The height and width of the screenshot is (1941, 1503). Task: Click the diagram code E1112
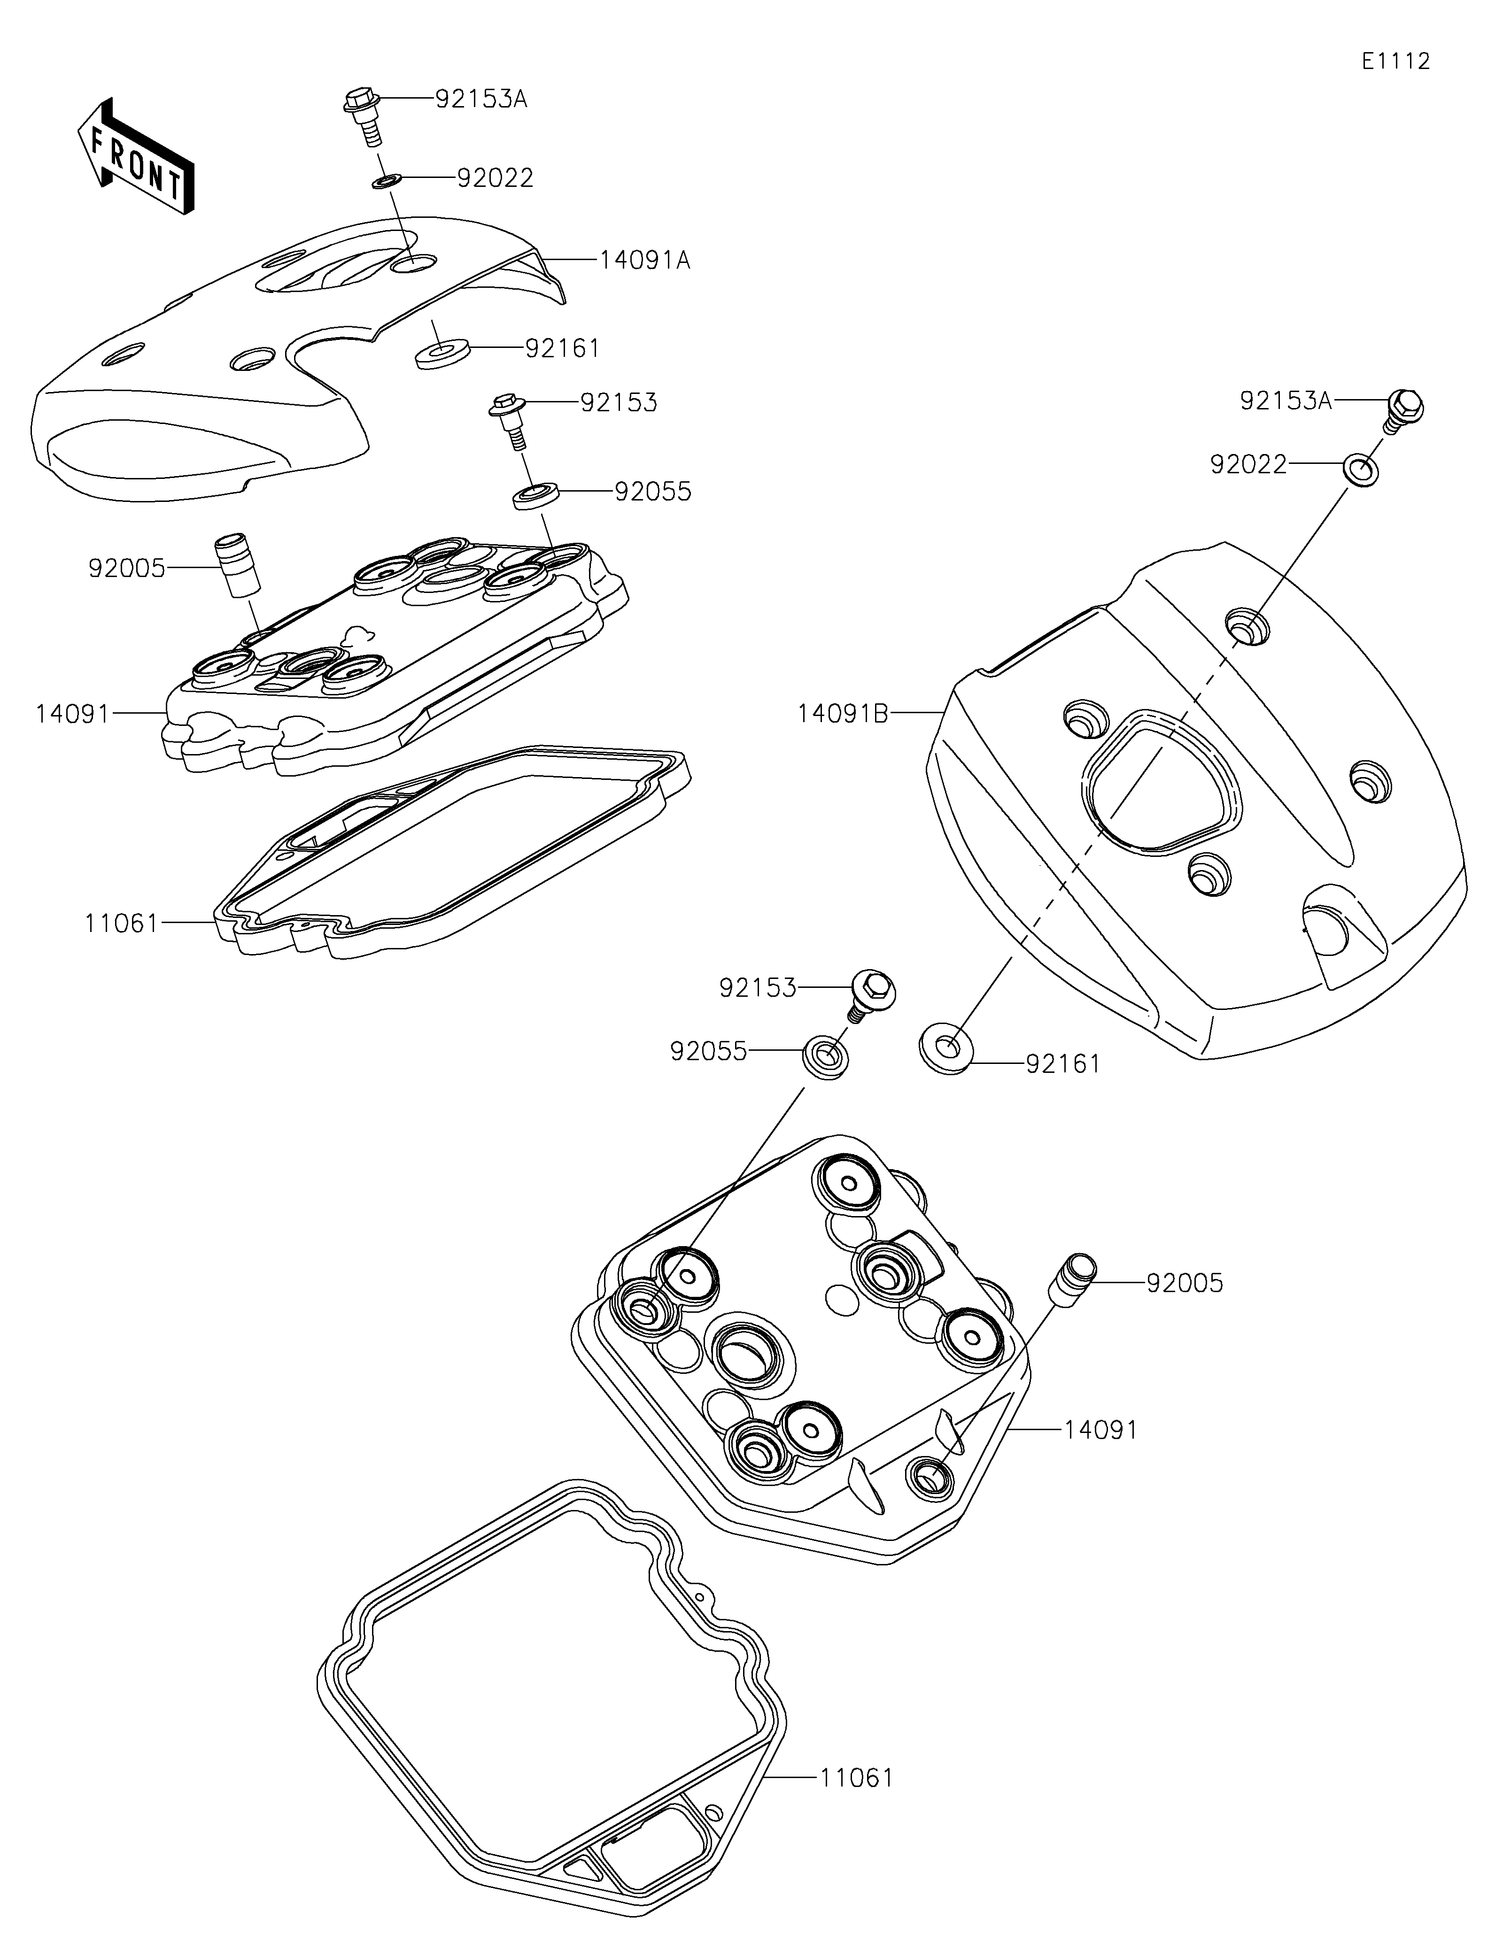pos(1395,62)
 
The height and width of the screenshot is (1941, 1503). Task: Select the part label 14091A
pos(644,261)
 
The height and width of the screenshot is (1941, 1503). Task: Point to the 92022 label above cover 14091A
pos(495,178)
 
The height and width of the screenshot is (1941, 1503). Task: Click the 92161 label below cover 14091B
pos(1063,1064)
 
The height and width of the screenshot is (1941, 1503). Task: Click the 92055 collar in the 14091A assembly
pos(536,495)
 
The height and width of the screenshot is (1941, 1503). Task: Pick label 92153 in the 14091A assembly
pos(619,402)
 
